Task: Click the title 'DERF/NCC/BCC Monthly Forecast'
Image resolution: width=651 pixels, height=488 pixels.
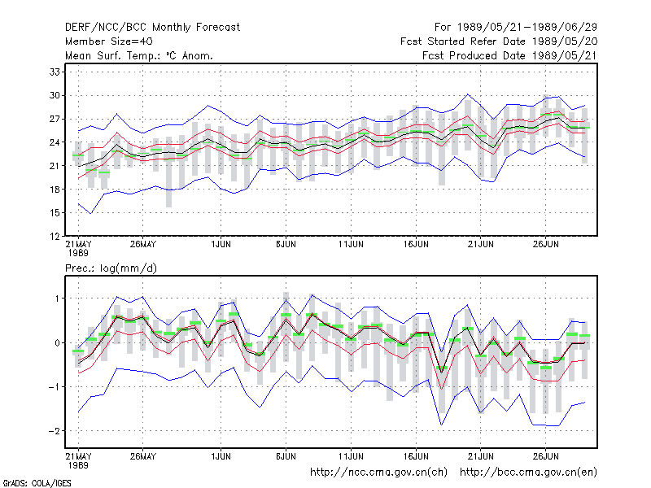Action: point(152,28)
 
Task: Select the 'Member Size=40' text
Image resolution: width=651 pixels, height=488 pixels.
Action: point(109,41)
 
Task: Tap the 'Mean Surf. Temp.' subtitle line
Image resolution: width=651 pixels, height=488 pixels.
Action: point(139,55)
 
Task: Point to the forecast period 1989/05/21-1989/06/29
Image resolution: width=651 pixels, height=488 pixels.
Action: point(516,28)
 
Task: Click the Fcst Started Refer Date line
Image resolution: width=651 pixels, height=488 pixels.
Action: point(499,41)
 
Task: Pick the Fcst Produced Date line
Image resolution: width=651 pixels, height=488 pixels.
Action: point(510,55)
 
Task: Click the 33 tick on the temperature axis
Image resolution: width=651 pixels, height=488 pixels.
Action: point(55,72)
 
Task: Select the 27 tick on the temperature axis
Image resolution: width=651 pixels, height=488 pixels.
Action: point(55,119)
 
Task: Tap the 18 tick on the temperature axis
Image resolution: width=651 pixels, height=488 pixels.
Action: point(55,190)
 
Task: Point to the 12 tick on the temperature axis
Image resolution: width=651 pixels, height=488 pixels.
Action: point(55,236)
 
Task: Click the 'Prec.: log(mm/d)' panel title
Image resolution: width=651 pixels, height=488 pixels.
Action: point(111,268)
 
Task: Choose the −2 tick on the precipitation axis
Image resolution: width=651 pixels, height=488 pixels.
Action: point(54,431)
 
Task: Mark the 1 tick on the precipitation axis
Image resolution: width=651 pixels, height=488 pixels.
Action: point(57,298)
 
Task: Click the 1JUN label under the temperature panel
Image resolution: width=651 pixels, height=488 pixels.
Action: point(221,244)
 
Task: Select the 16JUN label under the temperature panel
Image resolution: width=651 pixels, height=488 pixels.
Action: point(416,244)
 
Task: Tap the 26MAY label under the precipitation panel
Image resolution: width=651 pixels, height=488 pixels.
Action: point(143,456)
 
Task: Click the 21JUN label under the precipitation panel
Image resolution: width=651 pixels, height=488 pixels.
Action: point(481,456)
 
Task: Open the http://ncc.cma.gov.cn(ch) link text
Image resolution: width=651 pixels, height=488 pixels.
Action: point(378,473)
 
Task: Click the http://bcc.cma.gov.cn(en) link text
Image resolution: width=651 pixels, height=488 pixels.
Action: point(528,473)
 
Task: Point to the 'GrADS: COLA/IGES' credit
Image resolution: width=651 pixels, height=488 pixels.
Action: point(37,483)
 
